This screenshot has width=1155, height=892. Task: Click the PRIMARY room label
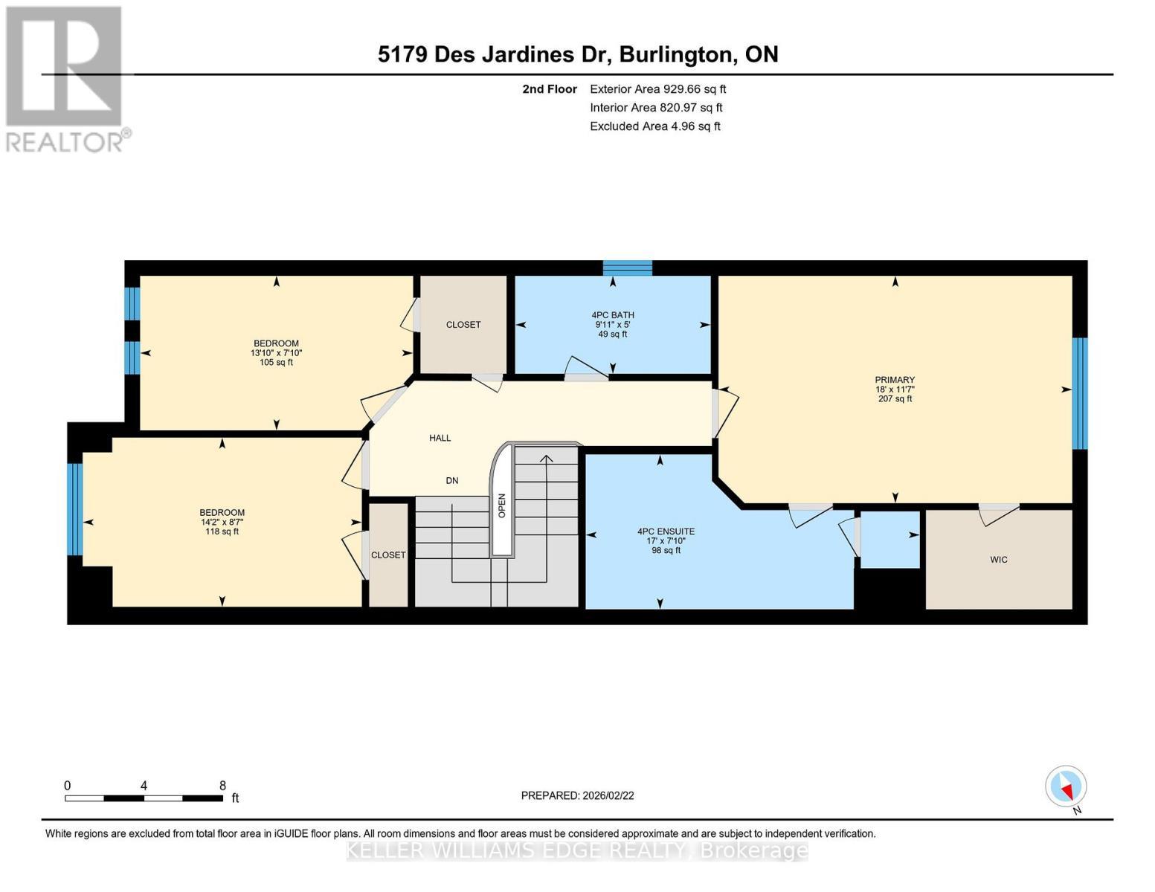pyautogui.click(x=895, y=380)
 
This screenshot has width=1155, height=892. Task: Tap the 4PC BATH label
pyautogui.click(x=612, y=315)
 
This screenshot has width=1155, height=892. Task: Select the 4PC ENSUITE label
pyautogui.click(x=666, y=531)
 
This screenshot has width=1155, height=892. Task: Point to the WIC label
pyautogui.click(x=999, y=560)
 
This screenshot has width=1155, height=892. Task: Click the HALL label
pyautogui.click(x=440, y=438)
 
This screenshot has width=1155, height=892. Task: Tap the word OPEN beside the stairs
pyautogui.click(x=502, y=505)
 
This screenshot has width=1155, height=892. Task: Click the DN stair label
pyautogui.click(x=451, y=480)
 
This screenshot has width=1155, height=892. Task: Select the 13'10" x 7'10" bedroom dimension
pyautogui.click(x=277, y=353)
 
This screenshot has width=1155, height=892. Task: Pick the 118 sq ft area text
pyautogui.click(x=222, y=531)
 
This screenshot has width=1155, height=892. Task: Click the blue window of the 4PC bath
pyautogui.click(x=627, y=268)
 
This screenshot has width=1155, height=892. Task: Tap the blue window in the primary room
pyautogui.click(x=1080, y=393)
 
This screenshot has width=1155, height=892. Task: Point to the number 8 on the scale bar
pyautogui.click(x=222, y=785)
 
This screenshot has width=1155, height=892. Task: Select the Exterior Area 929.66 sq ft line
pyautogui.click(x=658, y=89)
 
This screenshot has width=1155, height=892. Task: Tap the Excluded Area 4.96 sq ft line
pyautogui.click(x=655, y=126)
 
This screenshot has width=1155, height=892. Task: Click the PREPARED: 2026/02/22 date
pyautogui.click(x=577, y=795)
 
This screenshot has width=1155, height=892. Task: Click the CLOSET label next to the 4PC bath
pyautogui.click(x=463, y=325)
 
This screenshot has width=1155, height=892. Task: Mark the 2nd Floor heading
pyautogui.click(x=550, y=89)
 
